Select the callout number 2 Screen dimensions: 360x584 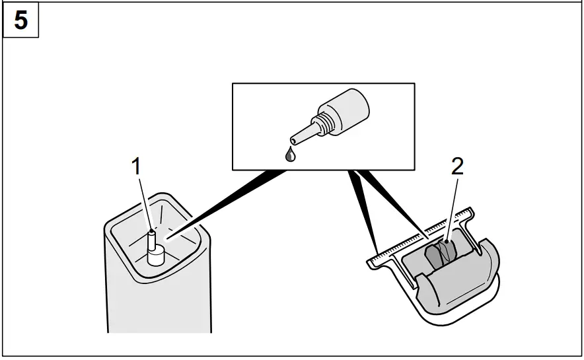point(457,166)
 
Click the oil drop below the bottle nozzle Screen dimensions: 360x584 point(289,154)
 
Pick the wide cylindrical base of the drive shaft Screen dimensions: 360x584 point(157,256)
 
